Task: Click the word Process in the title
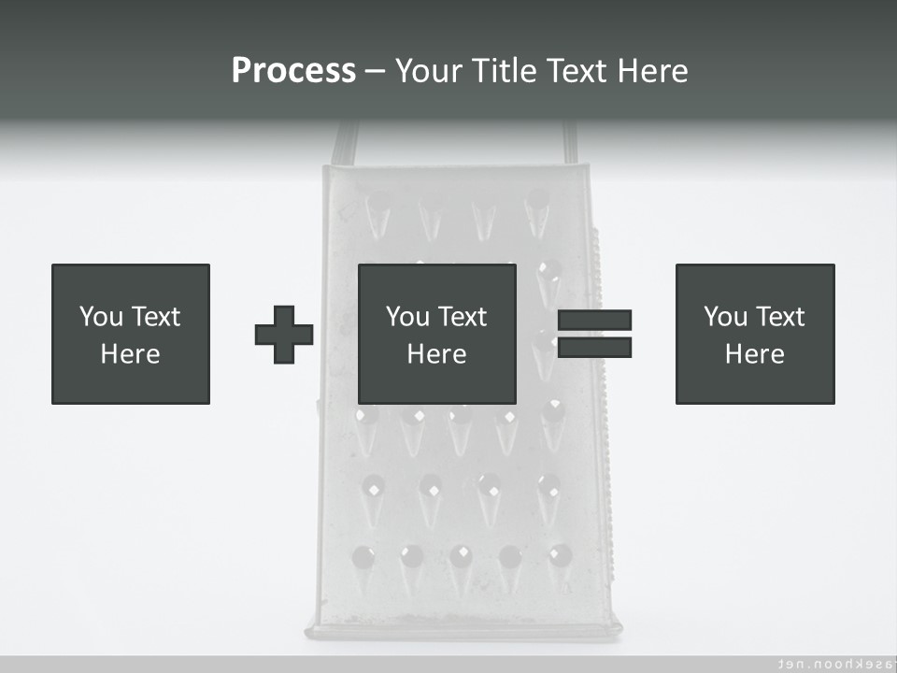click(293, 71)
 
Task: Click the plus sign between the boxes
click(284, 335)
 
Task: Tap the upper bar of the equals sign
click(594, 320)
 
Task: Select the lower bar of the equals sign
click(594, 348)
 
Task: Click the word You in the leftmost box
click(101, 317)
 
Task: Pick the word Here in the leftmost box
click(131, 354)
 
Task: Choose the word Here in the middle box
click(437, 354)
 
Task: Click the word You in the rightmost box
click(725, 317)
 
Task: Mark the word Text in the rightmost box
click(780, 317)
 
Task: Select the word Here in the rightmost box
click(755, 354)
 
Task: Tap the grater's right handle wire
click(569, 143)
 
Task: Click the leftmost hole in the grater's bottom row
click(363, 557)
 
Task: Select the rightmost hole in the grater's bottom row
click(559, 555)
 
